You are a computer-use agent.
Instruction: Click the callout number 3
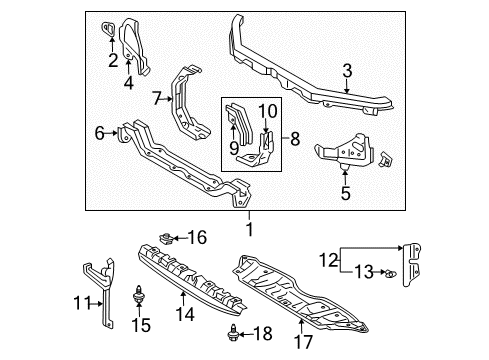pyautogui.click(x=347, y=71)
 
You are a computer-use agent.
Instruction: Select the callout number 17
pyautogui.click(x=303, y=342)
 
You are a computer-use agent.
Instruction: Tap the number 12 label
pyautogui.click(x=329, y=260)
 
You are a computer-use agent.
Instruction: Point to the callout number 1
pyautogui.click(x=249, y=229)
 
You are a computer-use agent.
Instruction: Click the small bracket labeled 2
pyautogui.click(x=108, y=28)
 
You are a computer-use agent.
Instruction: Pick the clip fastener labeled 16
pyautogui.click(x=165, y=239)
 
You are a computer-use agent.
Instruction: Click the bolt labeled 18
pyautogui.click(x=232, y=333)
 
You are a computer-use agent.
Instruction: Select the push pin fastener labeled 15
pyautogui.click(x=138, y=294)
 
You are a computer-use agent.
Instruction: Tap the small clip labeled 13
pyautogui.click(x=391, y=274)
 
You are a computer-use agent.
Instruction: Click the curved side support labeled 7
pyautogui.click(x=188, y=103)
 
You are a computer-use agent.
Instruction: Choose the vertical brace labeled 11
pyautogui.click(x=100, y=290)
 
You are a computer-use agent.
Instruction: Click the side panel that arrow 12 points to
pyautogui.click(x=411, y=265)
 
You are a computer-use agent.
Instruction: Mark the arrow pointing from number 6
pyautogui.click(x=111, y=133)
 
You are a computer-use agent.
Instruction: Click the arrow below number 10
pyautogui.click(x=266, y=126)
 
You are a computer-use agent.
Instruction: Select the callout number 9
pyautogui.click(x=234, y=148)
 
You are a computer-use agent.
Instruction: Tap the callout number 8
pyautogui.click(x=295, y=139)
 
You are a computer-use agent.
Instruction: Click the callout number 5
pyautogui.click(x=346, y=193)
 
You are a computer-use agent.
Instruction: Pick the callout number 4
pyautogui.click(x=129, y=82)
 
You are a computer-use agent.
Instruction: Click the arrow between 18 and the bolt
pyautogui.click(x=246, y=334)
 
